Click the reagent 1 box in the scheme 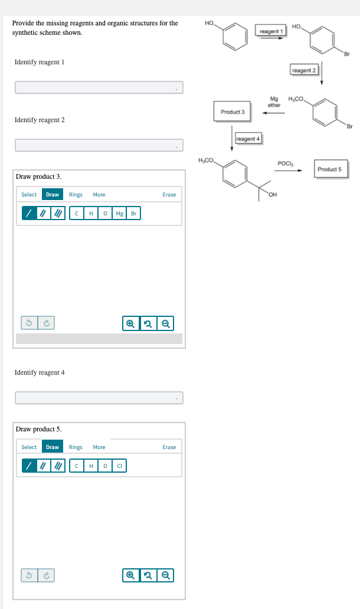point(271,31)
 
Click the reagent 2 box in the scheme point(304,70)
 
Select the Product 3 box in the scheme point(233,112)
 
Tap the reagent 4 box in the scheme point(248,139)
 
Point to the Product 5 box point(330,169)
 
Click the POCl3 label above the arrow point(286,163)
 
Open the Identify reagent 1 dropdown point(99,87)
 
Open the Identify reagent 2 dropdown point(99,145)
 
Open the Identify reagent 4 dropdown point(99,398)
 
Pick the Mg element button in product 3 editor point(119,213)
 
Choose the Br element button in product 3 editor point(133,213)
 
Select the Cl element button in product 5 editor point(119,466)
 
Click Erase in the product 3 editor point(169,195)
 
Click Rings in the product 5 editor point(76,447)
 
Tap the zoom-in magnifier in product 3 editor point(131,323)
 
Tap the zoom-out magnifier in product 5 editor point(165,575)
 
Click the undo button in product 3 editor point(29,323)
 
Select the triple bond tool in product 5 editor point(58,466)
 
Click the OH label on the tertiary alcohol point(273,195)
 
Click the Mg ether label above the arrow point(274,102)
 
